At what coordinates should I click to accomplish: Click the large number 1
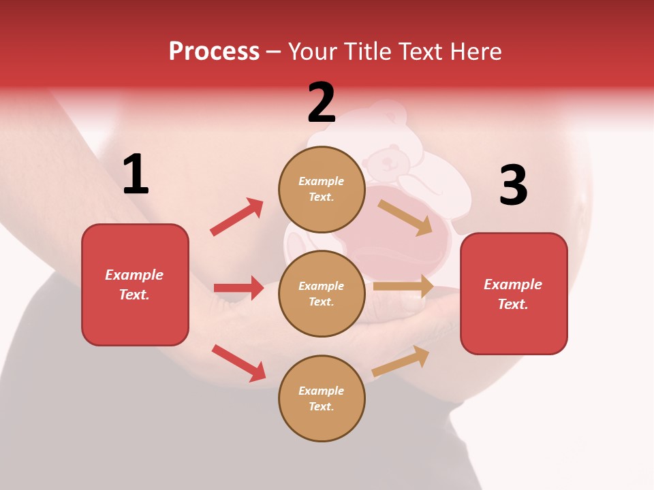[136, 175]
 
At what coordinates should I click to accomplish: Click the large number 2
[322, 103]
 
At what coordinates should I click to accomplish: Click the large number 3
[513, 185]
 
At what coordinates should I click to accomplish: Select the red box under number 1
[135, 284]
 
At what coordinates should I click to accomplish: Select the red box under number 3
[514, 293]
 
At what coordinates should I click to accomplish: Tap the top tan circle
[322, 189]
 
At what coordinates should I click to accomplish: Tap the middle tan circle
[322, 293]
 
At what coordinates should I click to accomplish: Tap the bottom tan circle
[322, 398]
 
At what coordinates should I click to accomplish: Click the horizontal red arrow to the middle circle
[238, 288]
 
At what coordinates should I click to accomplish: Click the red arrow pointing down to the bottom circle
[238, 363]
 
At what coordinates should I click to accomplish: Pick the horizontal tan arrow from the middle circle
[403, 287]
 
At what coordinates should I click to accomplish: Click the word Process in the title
[214, 51]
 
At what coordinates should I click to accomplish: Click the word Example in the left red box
[134, 275]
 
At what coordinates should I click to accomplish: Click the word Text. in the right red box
[513, 304]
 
